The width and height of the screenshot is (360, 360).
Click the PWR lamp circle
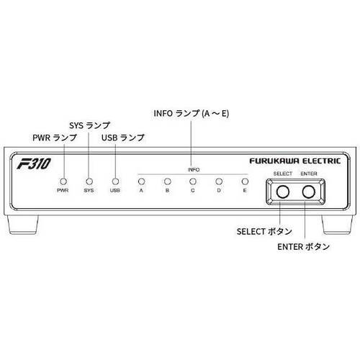coord(63,181)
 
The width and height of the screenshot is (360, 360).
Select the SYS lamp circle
coord(89,181)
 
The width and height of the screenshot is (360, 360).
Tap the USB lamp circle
coord(115,181)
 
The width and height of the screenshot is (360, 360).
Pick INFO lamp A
coord(142,181)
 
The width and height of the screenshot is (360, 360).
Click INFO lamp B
coord(167,181)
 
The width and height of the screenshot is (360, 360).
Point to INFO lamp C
coord(193,181)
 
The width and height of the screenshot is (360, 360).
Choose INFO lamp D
coord(219,181)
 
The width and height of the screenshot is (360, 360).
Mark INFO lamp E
coord(245,181)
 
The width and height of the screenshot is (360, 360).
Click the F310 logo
coord(34,163)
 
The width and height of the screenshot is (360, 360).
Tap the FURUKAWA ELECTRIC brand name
coord(295,161)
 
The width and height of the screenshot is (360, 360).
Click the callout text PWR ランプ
coord(55,138)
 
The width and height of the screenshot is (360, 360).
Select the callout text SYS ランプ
coord(89,125)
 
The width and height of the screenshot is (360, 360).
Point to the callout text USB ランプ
coord(123,138)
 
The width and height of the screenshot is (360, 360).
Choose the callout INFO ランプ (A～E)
coord(192,113)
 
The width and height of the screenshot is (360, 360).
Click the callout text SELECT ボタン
coord(264,232)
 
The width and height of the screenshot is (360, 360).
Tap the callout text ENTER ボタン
coord(304,247)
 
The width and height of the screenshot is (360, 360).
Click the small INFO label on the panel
coord(194,170)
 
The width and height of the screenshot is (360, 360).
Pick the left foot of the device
coord(23,225)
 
